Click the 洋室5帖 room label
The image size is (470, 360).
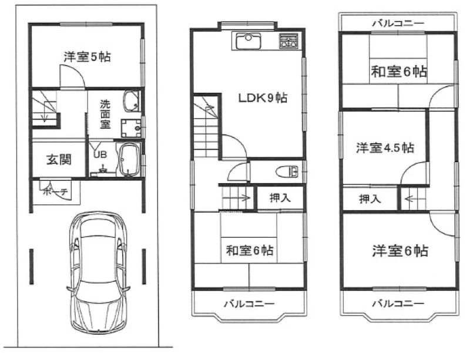pos(87,56)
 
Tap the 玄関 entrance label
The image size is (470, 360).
pos(59,160)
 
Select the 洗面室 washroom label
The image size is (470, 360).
pos(105,114)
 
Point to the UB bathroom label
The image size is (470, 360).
pos(100,154)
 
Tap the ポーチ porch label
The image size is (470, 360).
pos(56,191)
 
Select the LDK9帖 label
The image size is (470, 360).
pos(263,97)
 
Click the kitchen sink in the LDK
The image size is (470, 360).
pos(248,41)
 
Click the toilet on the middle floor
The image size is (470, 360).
pos(287,172)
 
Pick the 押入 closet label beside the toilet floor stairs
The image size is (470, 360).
pos(280,198)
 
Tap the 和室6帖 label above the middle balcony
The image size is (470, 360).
pos(249,250)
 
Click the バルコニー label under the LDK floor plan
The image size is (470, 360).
pos(249,304)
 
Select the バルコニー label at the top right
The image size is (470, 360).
pos(398,23)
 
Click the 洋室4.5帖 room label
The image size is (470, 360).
pos(385,148)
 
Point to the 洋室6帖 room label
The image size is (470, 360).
pos(400,251)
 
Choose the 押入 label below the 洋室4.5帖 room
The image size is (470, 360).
pos(370,199)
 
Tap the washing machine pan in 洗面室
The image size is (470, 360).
pos(131,128)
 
